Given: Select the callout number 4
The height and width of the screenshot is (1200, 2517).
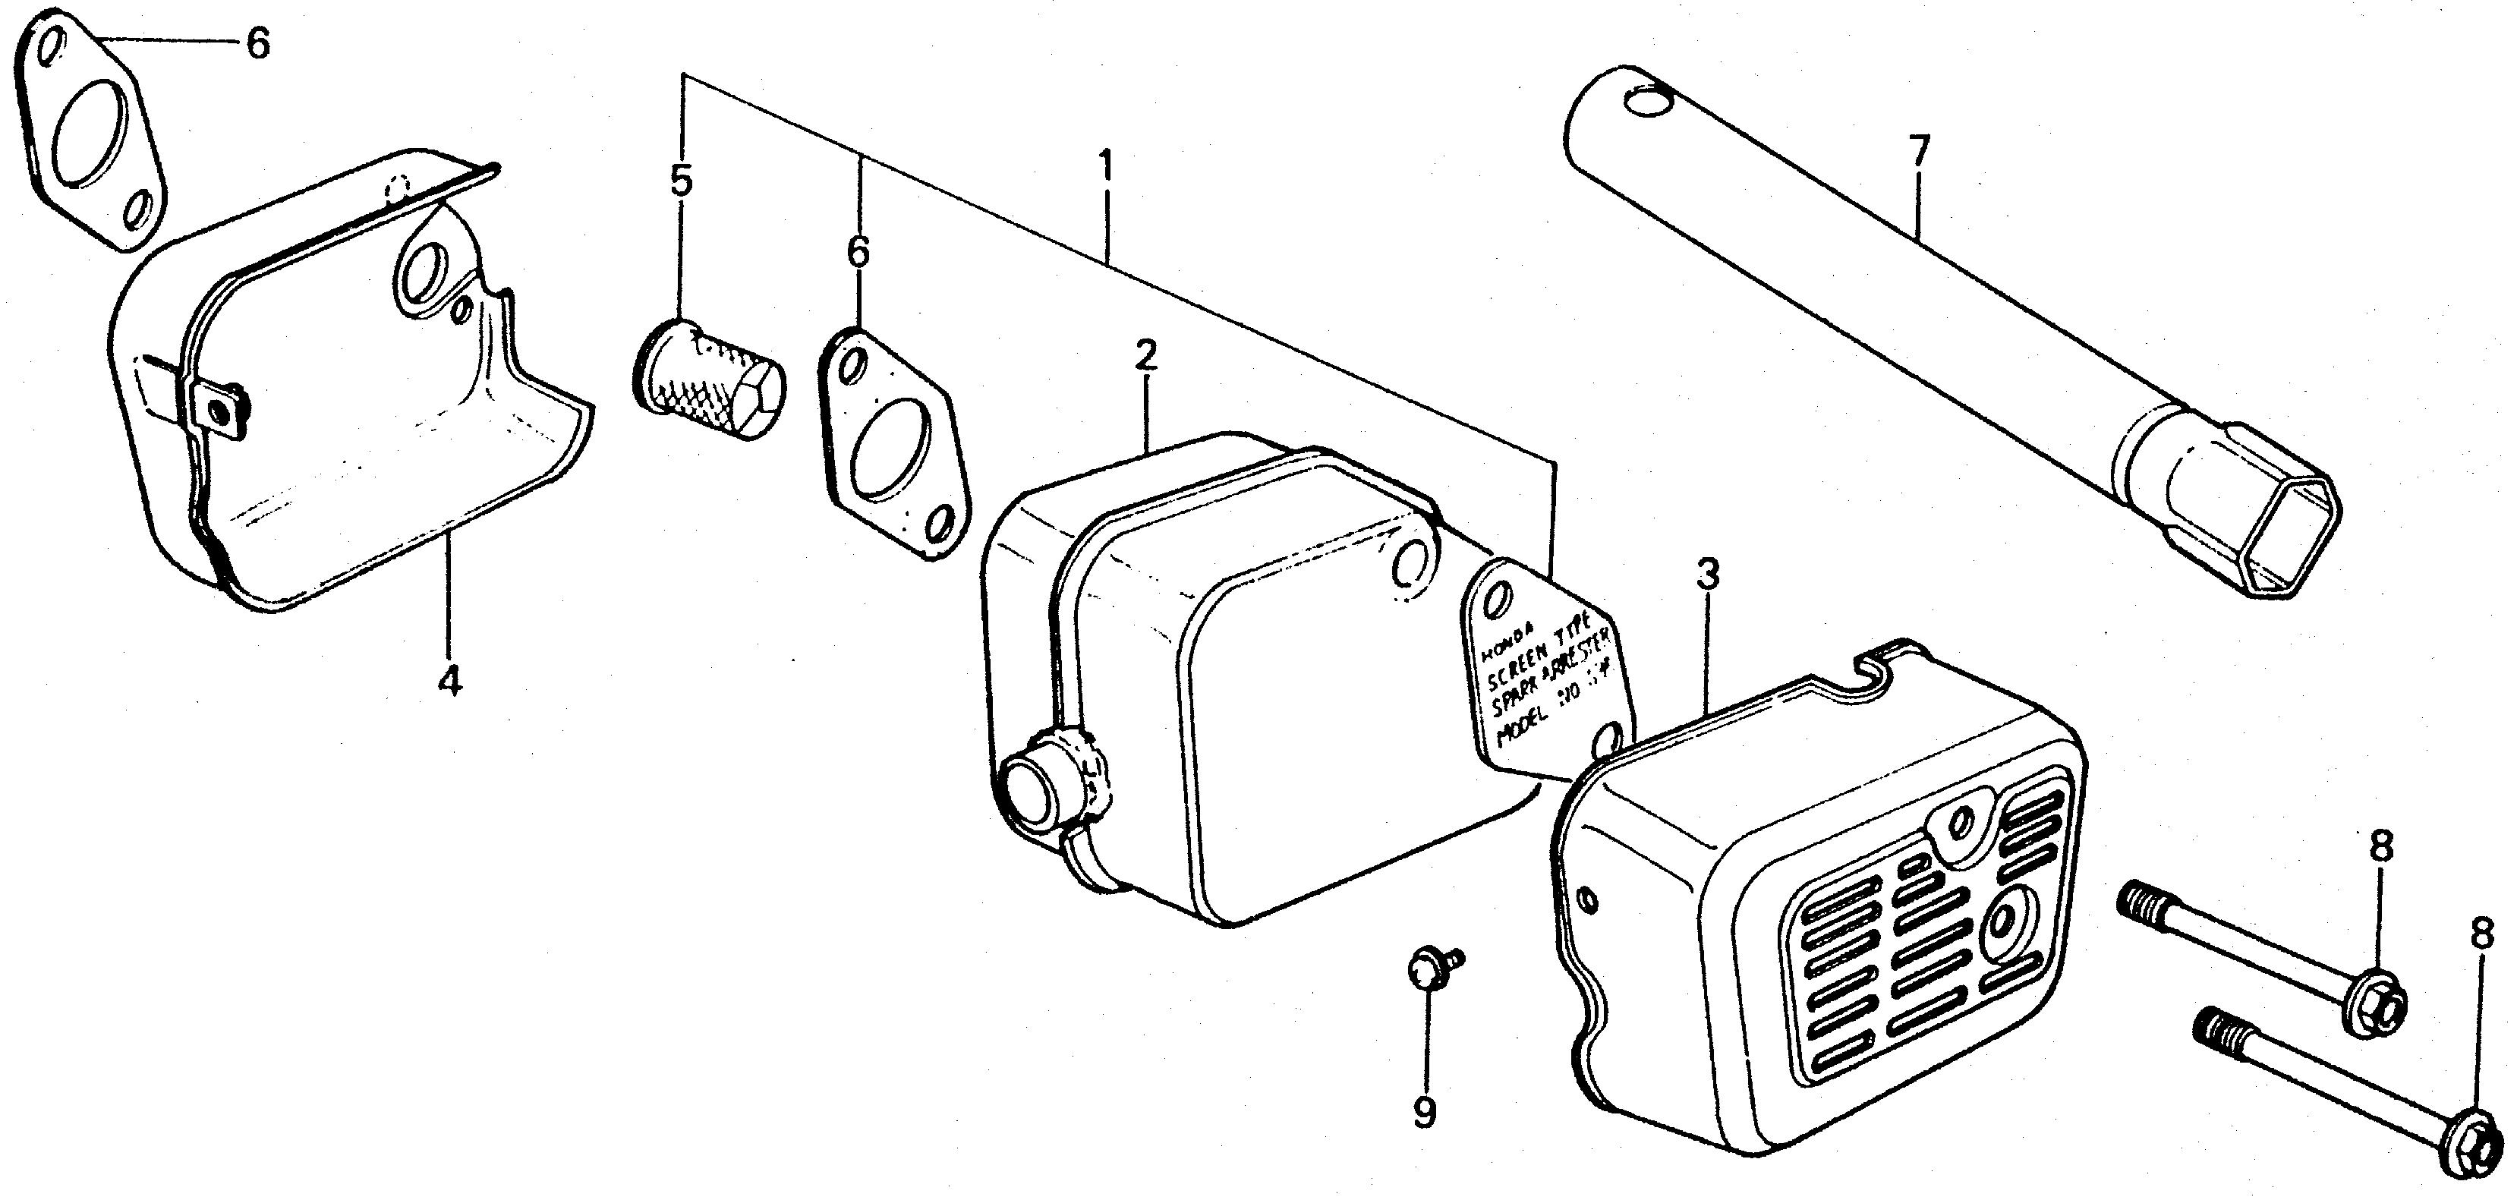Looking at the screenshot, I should tap(449, 681).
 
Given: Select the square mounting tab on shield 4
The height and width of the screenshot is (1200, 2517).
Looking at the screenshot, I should tap(221, 407).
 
